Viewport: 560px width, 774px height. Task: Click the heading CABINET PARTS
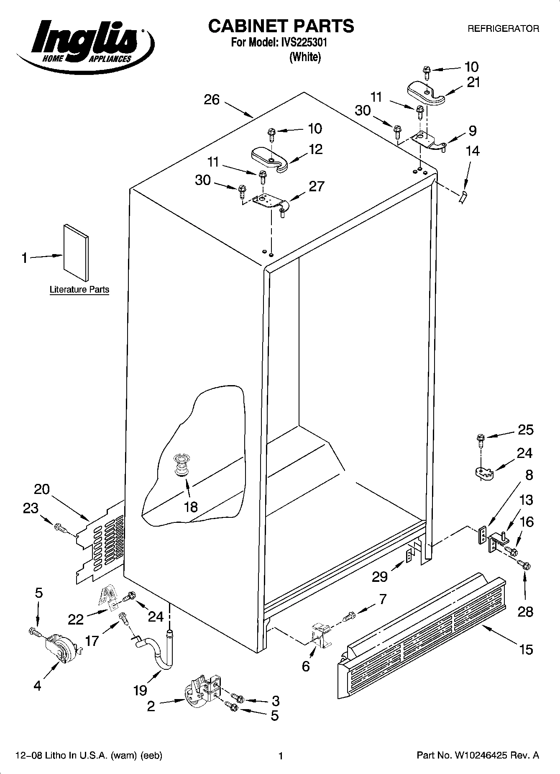281,26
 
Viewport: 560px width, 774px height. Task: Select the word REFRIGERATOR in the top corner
503,29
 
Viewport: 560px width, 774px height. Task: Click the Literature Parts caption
79,289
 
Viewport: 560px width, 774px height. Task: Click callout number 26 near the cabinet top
212,100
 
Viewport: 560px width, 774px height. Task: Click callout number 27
316,186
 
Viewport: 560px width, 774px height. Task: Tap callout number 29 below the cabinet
380,576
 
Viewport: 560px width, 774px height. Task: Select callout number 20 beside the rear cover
41,489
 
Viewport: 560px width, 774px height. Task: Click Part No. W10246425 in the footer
477,755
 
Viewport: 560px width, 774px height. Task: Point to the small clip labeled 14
463,197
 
